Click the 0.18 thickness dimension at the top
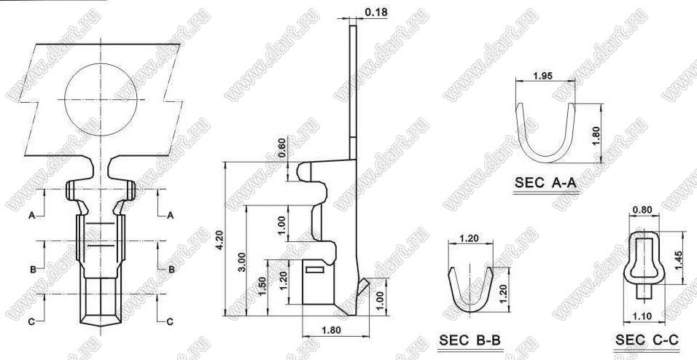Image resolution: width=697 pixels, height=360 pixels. click(x=376, y=12)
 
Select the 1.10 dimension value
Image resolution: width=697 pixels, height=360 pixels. click(x=641, y=316)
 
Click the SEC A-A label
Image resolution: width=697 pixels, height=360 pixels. click(x=545, y=182)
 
